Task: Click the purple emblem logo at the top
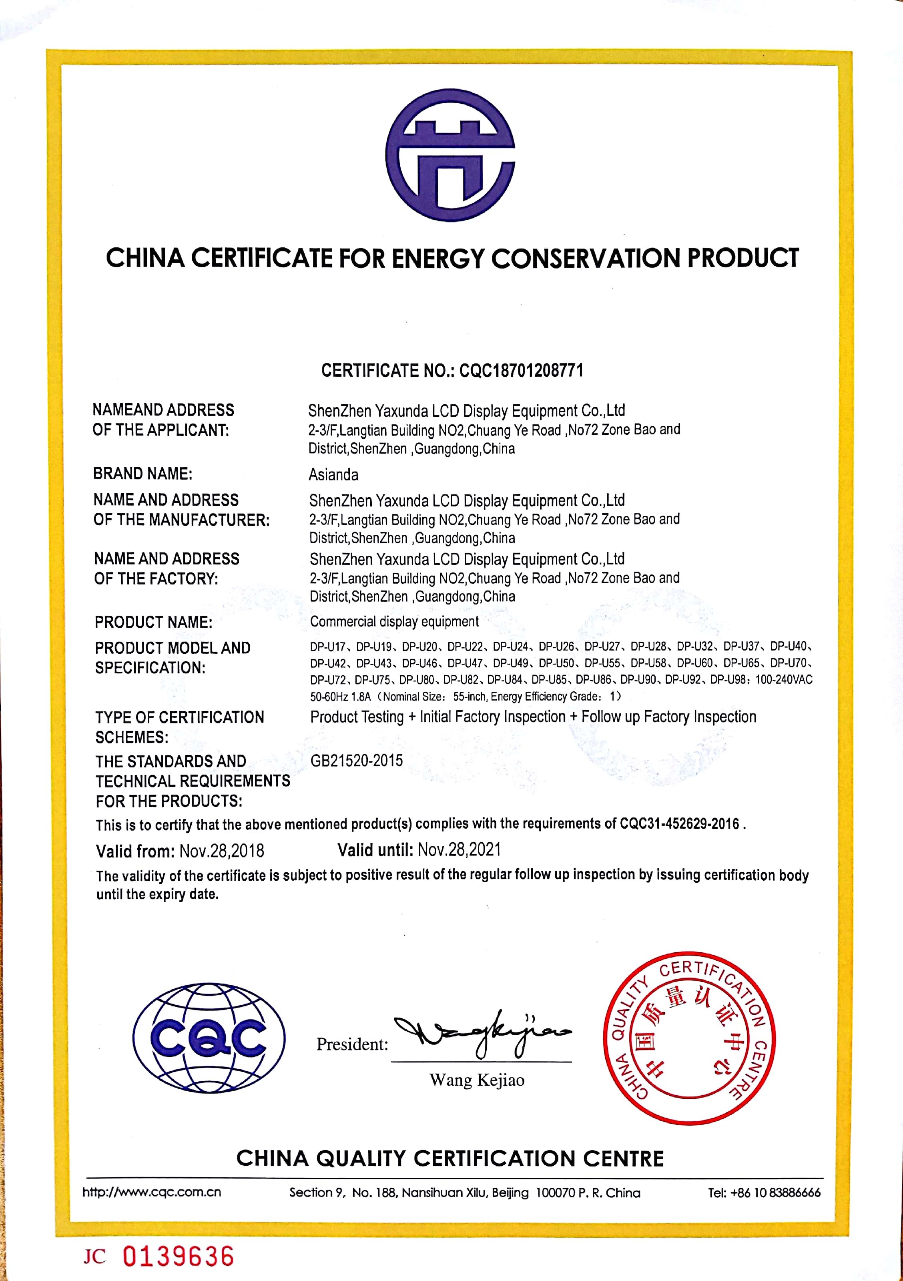[451, 155]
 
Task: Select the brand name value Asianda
[333, 475]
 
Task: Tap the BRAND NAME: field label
[143, 474]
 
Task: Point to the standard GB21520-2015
[356, 761]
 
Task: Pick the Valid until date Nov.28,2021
[459, 850]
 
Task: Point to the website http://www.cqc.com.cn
[152, 1192]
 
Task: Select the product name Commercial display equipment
[394, 622]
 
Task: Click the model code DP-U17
[328, 647]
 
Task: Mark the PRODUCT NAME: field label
[153, 622]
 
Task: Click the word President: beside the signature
[352, 1044]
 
